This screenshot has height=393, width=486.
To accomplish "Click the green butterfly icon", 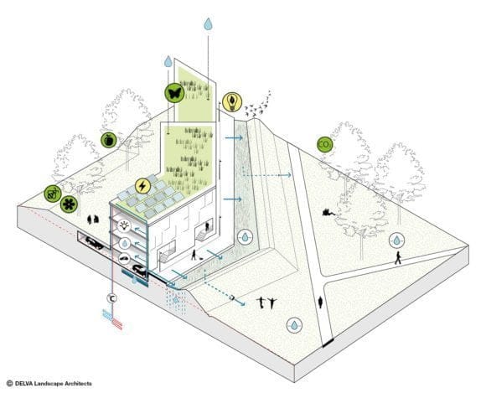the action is (x=174, y=93).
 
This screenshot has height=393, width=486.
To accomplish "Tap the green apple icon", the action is (x=108, y=140).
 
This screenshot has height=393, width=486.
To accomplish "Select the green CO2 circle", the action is (x=325, y=144).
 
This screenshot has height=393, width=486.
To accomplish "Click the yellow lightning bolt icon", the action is (x=142, y=186).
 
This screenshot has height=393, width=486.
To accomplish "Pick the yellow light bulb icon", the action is (x=232, y=101).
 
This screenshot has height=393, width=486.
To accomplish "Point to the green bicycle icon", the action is (x=53, y=194).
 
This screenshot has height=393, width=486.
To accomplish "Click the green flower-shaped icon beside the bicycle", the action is (x=69, y=204).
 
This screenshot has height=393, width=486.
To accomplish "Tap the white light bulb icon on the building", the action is (x=125, y=226).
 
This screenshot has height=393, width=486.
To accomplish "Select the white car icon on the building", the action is (x=125, y=258).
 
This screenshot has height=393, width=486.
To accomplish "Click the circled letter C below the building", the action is (x=112, y=298).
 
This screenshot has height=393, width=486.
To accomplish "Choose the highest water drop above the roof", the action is (x=209, y=23).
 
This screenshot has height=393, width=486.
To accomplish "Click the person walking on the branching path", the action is (x=398, y=258).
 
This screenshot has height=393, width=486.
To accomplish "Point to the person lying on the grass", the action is (x=328, y=212).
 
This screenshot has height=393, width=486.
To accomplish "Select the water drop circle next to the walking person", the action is (x=396, y=240).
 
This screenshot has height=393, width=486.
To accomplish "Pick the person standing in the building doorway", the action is (x=207, y=226).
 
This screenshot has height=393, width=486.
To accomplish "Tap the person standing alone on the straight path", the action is (x=320, y=303).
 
